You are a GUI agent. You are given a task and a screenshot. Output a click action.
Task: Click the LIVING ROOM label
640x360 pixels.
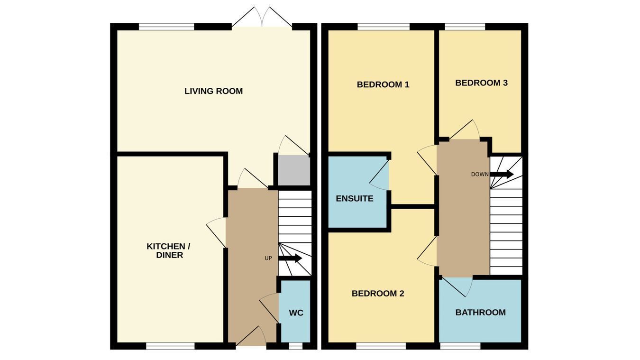[213, 91]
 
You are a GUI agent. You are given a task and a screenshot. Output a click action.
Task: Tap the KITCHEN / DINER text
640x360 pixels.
[169, 250]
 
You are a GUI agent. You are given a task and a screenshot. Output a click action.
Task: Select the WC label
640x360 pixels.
[296, 313]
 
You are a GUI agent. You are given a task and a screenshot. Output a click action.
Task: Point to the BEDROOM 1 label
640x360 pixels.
[383, 84]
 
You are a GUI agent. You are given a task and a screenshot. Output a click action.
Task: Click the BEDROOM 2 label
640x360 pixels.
[378, 294]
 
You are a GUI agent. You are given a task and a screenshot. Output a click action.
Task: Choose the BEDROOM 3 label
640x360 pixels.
[482, 83]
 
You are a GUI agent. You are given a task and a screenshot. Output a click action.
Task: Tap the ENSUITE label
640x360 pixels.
[355, 198]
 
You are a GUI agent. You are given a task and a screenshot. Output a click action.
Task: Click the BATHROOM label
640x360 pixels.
[481, 312]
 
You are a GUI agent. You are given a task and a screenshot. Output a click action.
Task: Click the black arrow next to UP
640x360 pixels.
[290, 258]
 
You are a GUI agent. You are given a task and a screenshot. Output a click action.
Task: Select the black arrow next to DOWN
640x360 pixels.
[502, 174]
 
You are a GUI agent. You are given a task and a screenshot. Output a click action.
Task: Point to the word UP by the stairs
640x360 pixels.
[268, 258]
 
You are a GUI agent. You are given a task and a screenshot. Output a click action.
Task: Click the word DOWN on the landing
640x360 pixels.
[480, 174]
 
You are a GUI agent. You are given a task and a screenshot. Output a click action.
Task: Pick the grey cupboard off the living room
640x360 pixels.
[294, 170]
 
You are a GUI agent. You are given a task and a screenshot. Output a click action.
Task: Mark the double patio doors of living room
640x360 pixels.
[262, 17]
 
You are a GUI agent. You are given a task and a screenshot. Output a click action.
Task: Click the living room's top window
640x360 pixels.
[166, 27]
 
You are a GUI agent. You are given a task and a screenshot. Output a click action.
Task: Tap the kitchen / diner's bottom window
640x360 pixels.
[171, 346]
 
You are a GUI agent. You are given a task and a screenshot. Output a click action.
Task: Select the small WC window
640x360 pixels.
[296, 346]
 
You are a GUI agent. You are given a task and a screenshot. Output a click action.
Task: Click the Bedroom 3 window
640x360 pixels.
[465, 27]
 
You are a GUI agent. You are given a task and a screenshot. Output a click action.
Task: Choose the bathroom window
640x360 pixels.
[460, 346]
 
